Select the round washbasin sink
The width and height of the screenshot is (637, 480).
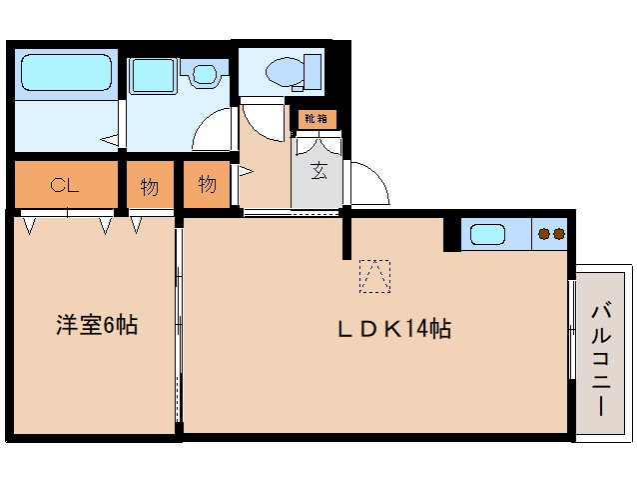tap(206, 74)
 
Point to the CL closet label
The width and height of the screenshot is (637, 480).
tap(66, 184)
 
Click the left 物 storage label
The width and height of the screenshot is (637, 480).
tap(150, 186)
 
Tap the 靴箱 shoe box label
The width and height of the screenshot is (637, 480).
tap(316, 119)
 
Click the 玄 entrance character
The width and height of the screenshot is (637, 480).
tap(318, 172)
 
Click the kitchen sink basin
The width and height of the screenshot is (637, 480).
tap(488, 234)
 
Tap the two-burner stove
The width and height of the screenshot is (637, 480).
tap(551, 234)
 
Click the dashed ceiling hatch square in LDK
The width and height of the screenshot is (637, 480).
tap(375, 276)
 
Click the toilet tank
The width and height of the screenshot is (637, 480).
tap(313, 72)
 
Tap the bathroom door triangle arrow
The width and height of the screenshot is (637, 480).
tap(112, 140)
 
